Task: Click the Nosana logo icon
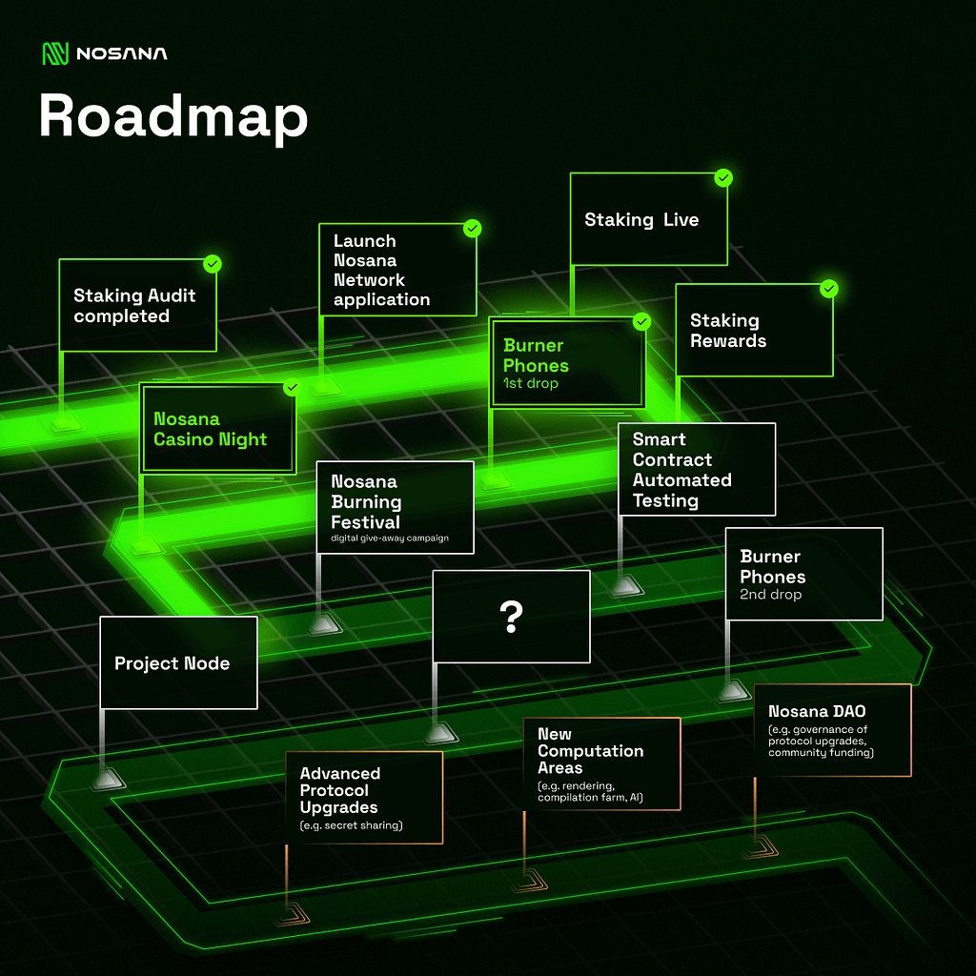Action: point(55,53)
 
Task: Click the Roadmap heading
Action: point(173,117)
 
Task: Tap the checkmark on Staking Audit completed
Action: point(213,263)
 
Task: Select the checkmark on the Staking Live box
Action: point(723,178)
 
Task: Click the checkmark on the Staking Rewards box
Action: point(829,288)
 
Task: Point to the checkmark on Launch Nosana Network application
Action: point(472,229)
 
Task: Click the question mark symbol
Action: point(512,617)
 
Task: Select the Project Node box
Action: point(178,662)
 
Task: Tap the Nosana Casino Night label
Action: point(211,429)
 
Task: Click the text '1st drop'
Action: point(531,383)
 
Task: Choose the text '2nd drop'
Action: point(771,595)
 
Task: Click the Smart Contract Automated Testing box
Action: point(697,469)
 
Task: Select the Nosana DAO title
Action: point(817,711)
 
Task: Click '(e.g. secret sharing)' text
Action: point(351,825)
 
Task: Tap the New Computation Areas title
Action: point(590,751)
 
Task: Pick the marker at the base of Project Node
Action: point(108,779)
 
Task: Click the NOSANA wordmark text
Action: point(121,53)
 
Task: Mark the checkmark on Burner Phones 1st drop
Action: point(642,322)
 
